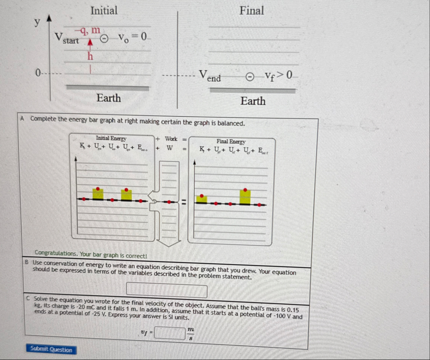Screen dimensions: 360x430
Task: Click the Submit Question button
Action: click(x=51, y=350)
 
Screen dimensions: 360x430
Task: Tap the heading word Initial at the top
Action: click(x=104, y=10)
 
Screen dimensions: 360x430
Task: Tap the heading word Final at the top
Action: click(x=252, y=10)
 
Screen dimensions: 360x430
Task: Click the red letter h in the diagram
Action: click(x=90, y=56)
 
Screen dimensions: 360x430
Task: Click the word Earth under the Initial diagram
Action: click(x=109, y=98)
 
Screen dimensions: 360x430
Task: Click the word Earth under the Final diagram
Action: click(x=253, y=101)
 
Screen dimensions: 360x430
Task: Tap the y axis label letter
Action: click(x=36, y=22)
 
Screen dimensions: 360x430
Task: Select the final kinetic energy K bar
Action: click(x=202, y=199)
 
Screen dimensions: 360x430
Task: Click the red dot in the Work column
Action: click(x=169, y=202)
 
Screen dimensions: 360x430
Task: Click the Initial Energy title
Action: click(x=111, y=138)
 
